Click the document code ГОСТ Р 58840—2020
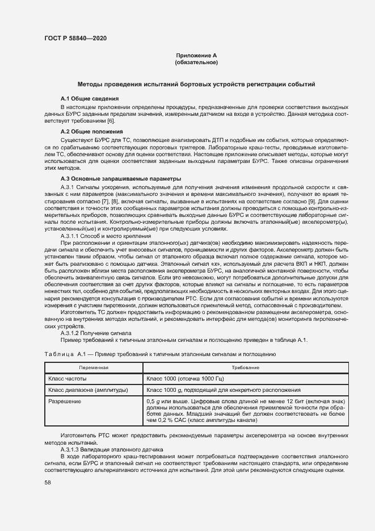click(75, 38)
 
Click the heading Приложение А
click(196, 55)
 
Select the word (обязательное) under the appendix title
click(196, 62)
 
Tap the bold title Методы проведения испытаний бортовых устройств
click(196, 84)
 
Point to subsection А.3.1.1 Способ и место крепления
click(106, 236)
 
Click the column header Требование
click(245, 368)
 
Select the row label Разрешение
click(65, 402)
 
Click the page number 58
click(47, 482)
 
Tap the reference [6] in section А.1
click(111, 120)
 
